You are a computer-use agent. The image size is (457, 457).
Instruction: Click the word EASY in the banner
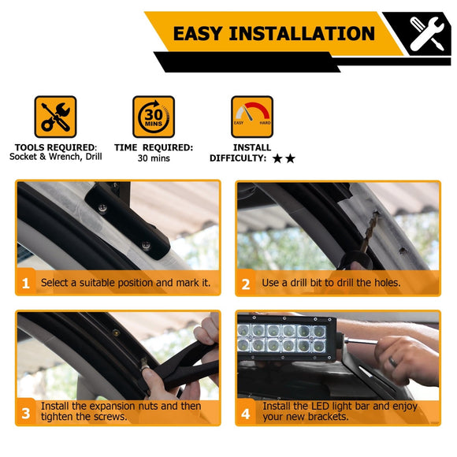[x=199, y=33]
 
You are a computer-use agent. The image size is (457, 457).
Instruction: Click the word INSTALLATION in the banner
[x=302, y=33]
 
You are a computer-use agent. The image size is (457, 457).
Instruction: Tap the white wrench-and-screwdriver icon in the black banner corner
[x=426, y=34]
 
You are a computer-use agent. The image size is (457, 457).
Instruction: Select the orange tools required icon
[x=55, y=117]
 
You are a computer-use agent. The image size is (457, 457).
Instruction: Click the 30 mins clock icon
[x=154, y=117]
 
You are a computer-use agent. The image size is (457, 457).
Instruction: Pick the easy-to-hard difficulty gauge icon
[x=252, y=117]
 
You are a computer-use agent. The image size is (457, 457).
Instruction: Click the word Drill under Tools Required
[x=94, y=157]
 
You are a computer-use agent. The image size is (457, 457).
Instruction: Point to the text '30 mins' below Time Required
[x=154, y=158]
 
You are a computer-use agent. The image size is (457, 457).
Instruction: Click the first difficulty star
[x=277, y=158]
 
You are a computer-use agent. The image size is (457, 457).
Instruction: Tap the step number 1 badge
[x=26, y=283]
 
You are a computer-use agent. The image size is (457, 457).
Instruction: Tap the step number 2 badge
[x=246, y=284]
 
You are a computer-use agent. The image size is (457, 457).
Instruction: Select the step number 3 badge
[x=26, y=413]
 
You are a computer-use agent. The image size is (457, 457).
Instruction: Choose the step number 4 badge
[x=246, y=414]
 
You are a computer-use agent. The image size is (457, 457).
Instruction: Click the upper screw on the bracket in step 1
[x=102, y=208]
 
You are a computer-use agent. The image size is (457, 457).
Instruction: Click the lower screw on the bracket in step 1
[x=146, y=245]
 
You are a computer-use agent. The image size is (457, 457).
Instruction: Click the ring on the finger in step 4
[x=392, y=362]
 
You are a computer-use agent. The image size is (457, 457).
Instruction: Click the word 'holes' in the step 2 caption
[x=385, y=282]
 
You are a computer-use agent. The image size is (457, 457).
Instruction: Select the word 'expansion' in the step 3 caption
[x=113, y=406]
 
